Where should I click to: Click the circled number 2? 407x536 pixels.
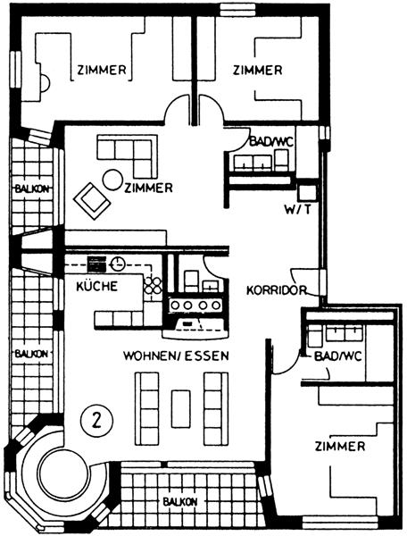[96, 420]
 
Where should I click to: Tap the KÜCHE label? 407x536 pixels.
[97, 286]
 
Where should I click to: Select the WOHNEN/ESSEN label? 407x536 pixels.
[176, 356]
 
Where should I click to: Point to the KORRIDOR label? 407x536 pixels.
[277, 290]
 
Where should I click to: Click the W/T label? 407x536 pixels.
[298, 209]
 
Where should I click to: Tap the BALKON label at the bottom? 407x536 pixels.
[180, 502]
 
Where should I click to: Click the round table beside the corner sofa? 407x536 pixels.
[112, 180]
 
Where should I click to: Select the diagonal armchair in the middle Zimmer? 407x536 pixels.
[92, 201]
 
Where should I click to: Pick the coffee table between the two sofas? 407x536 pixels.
[181, 409]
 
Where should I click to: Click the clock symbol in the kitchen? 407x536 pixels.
[118, 264]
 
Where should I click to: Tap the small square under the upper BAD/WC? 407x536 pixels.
[306, 193]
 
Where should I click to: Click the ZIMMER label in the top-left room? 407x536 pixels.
[102, 70]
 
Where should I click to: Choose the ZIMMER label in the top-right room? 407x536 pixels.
[257, 70]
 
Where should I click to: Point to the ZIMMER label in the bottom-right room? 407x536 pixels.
[340, 447]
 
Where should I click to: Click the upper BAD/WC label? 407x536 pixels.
[271, 141]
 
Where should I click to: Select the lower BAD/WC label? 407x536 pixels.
[338, 356]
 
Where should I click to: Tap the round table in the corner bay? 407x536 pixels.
[63, 473]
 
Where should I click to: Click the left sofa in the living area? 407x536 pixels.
[146, 409]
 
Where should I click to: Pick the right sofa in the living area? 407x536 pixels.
[216, 409]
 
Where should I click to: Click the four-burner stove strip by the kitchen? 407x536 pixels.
[195, 305]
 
